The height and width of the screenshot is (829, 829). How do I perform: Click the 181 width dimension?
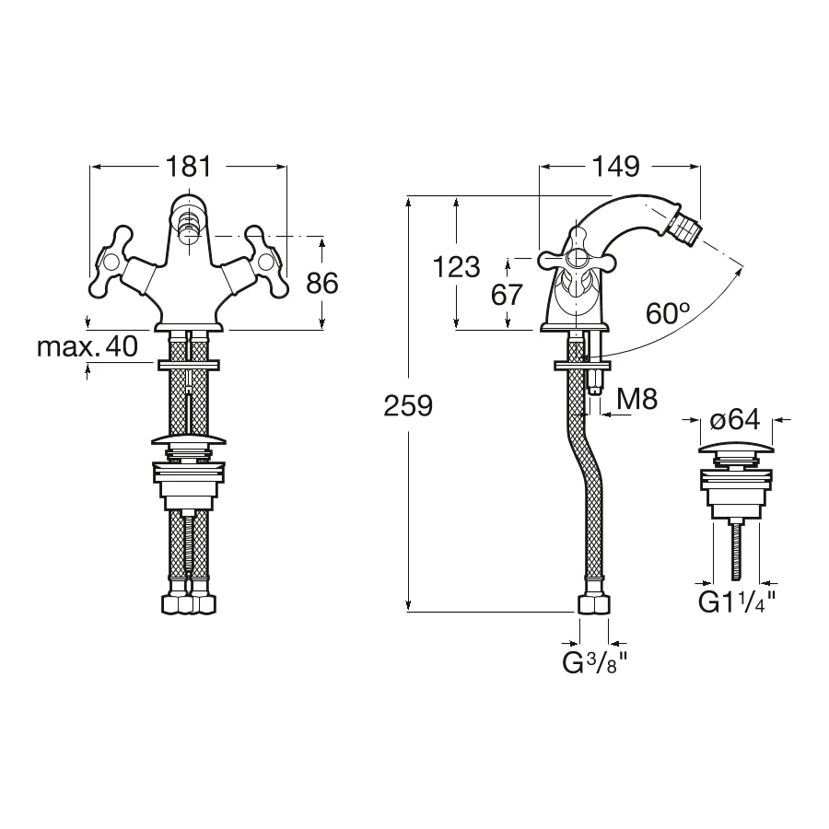(189, 167)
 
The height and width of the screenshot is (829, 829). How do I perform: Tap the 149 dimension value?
(615, 167)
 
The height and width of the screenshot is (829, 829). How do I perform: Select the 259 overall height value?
(408, 406)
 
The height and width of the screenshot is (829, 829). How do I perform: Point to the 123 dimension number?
(456, 266)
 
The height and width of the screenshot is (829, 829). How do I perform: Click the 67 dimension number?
(507, 295)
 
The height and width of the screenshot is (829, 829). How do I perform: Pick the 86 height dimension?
(322, 284)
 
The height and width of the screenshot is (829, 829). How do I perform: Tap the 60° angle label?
(668, 313)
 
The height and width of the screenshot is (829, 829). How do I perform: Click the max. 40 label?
(88, 347)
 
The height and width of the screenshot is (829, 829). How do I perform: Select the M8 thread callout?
(637, 399)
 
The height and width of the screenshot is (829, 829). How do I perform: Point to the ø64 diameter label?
(735, 419)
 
